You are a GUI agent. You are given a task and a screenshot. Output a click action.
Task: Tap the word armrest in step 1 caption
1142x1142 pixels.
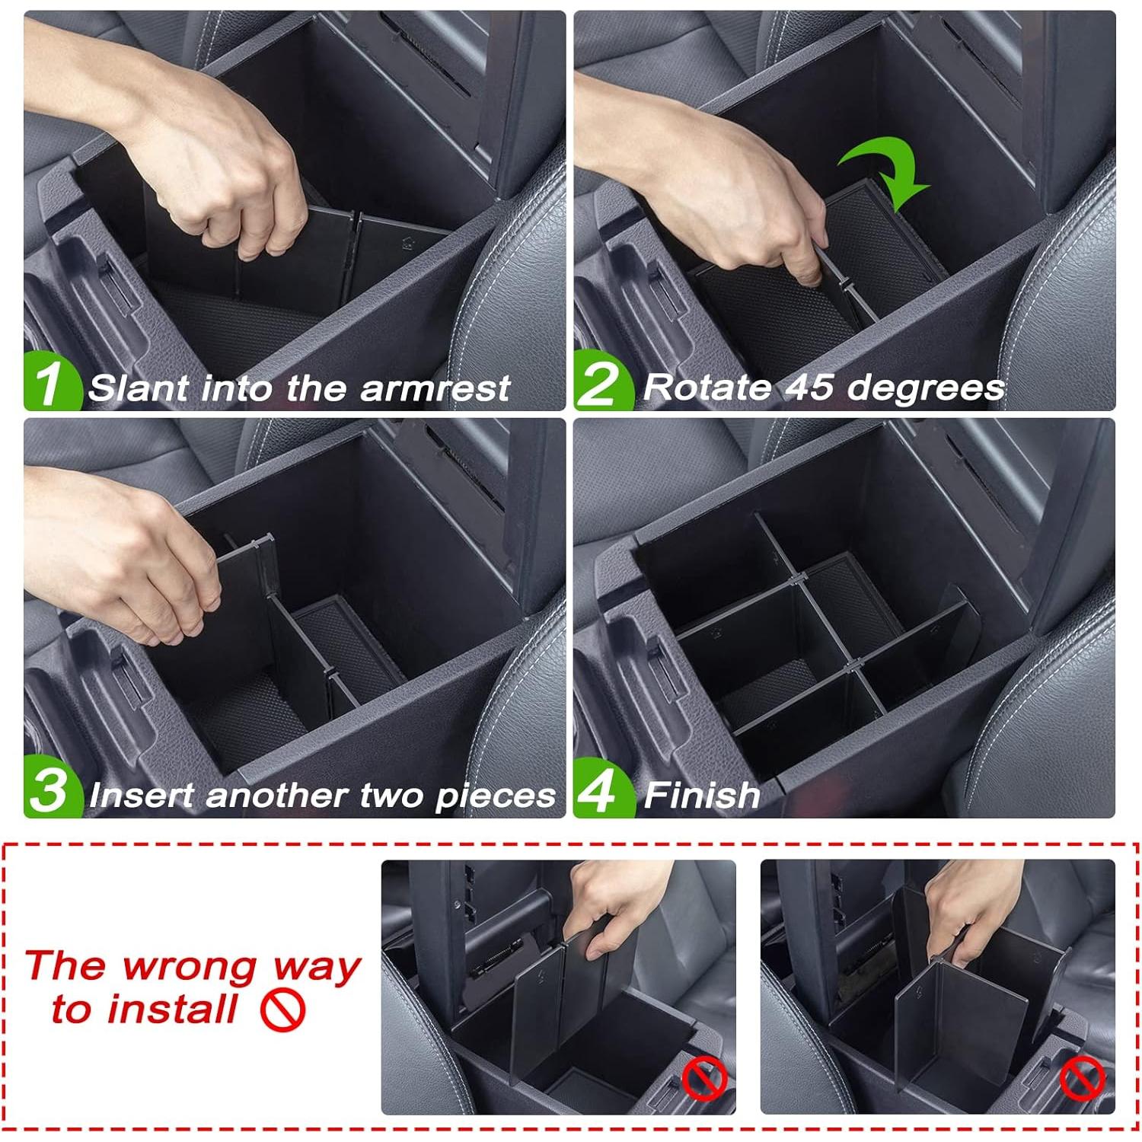point(435,388)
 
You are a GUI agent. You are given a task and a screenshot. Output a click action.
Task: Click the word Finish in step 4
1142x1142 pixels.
point(701,796)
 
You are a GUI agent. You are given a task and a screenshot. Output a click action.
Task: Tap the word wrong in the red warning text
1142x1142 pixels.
point(188,966)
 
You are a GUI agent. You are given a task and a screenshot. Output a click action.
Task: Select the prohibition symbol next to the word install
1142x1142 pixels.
point(282,1010)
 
